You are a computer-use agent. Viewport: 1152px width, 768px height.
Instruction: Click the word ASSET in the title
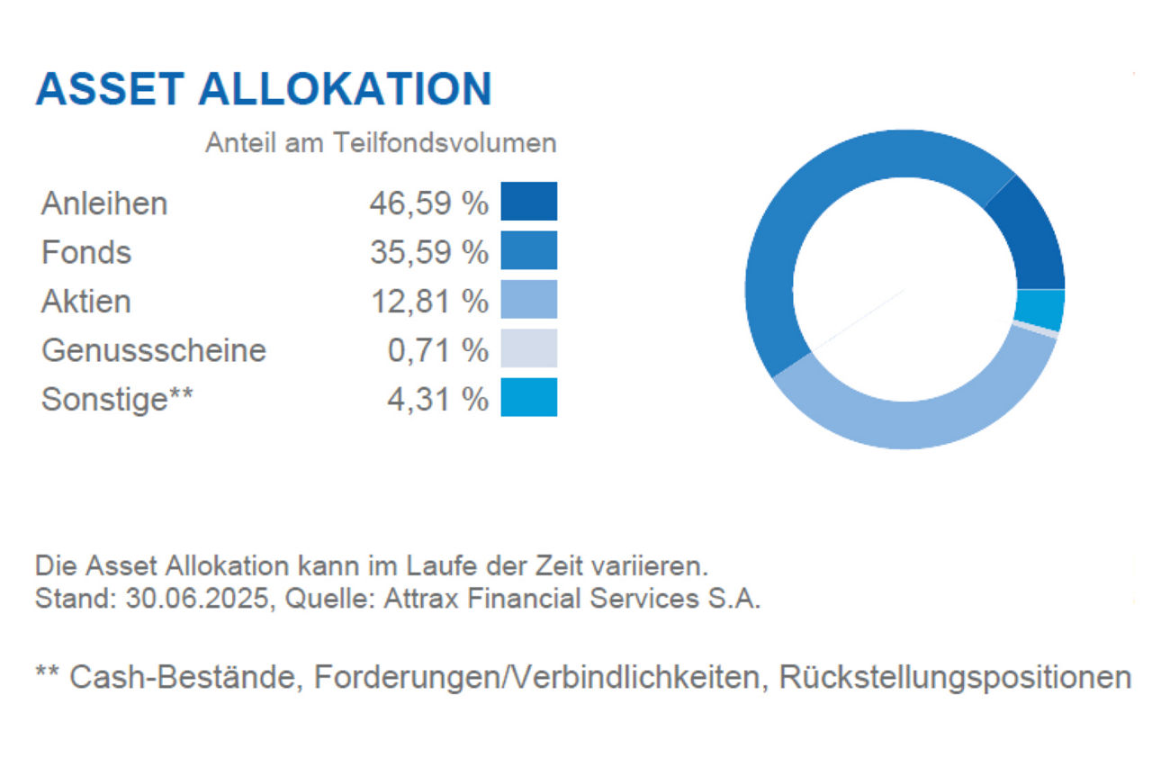[110, 89]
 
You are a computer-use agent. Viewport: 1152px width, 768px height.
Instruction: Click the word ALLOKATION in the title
[345, 89]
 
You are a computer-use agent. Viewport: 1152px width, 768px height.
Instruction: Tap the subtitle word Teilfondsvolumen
[445, 143]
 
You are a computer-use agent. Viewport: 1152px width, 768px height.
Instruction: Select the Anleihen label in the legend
[104, 203]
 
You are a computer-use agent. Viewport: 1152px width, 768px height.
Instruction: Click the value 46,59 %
[428, 203]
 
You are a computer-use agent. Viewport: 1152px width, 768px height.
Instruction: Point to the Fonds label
[86, 252]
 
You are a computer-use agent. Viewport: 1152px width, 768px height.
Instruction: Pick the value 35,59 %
[428, 252]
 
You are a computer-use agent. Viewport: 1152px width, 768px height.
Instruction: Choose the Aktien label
[86, 301]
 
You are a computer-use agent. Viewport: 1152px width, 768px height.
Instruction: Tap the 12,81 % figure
[428, 301]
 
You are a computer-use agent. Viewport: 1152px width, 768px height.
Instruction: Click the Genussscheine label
[154, 349]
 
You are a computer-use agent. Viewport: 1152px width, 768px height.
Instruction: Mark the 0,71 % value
[437, 349]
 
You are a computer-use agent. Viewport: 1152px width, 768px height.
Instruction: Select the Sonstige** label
[117, 398]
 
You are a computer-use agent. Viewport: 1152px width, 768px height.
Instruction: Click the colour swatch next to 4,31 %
[529, 398]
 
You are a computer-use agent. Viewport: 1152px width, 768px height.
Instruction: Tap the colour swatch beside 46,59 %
[529, 201]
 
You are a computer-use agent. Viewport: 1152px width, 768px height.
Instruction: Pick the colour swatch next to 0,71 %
[529, 348]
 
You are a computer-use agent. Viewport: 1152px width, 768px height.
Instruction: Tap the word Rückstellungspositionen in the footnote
[955, 677]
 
